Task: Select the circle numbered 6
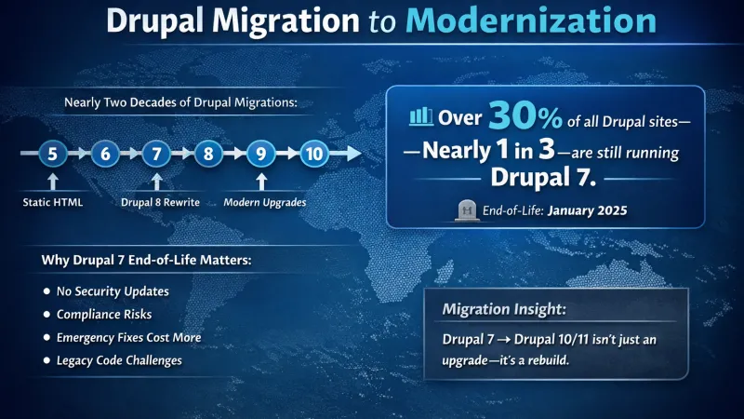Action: [106, 154]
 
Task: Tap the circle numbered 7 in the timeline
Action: [157, 154]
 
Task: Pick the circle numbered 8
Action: [208, 154]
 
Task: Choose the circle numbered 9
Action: [261, 154]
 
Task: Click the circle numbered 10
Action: [314, 154]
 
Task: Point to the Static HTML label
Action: [54, 202]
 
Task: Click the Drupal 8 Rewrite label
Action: [156, 202]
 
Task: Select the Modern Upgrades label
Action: [260, 202]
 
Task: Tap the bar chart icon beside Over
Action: [421, 118]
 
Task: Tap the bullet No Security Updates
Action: [113, 291]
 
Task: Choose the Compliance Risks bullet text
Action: [103, 314]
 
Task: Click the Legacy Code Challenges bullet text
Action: [119, 359]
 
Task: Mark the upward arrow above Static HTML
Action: [54, 180]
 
